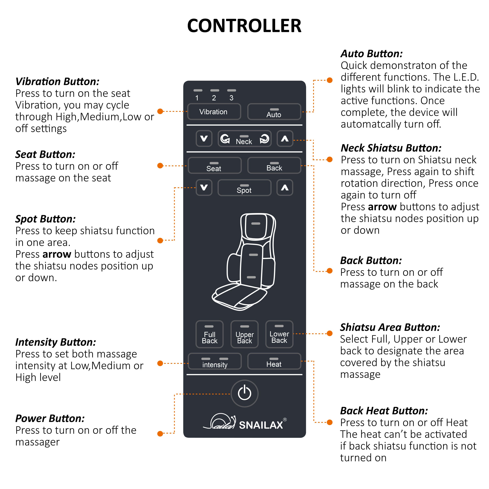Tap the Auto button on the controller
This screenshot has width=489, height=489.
pyautogui.click(x=274, y=112)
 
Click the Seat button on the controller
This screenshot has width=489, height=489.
pyautogui.click(x=214, y=166)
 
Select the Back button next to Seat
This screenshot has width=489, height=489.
pyautogui.click(x=274, y=166)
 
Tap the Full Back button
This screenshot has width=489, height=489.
pyautogui.click(x=210, y=334)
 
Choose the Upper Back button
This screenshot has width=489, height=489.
pyautogui.click(x=244, y=334)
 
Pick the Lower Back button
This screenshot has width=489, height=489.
pyautogui.click(x=279, y=334)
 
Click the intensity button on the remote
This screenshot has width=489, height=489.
pyautogui.click(x=215, y=361)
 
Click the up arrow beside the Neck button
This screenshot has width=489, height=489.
pyautogui.click(x=285, y=138)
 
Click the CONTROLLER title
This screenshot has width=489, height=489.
pyautogui.click(x=244, y=26)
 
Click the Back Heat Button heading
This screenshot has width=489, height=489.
pyautogui.click(x=384, y=411)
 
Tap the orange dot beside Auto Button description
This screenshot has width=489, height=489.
pyautogui.click(x=330, y=80)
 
